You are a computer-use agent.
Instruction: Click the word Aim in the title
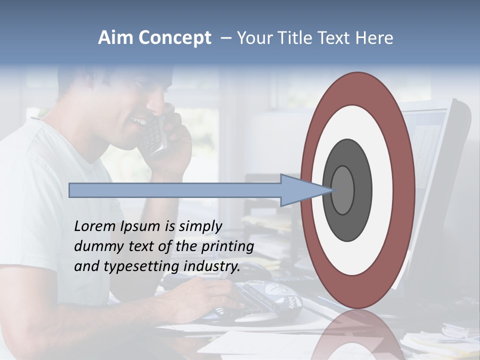116,38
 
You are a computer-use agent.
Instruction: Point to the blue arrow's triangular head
300,190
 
